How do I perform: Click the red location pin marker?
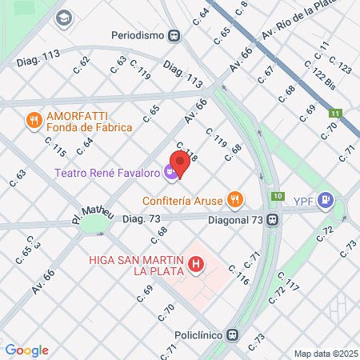(x=180, y=163)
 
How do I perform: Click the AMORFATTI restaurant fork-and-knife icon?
(x=34, y=121)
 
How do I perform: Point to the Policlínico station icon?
(x=232, y=336)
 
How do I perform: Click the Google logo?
(x=26, y=350)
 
